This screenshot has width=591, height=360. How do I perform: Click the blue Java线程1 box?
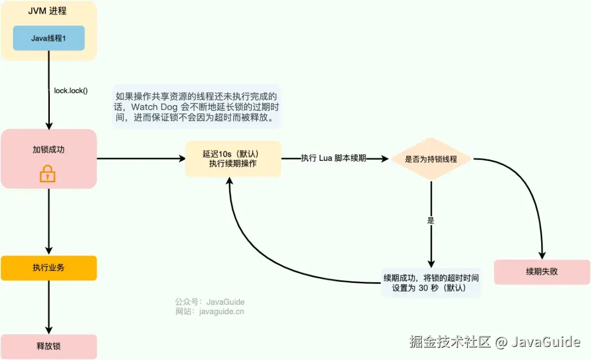[49, 38]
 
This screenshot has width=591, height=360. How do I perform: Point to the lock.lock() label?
[71, 90]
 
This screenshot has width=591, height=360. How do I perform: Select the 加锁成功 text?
[48, 149]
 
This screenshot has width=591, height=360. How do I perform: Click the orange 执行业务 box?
[49, 268]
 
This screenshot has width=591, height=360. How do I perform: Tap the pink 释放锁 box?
[49, 346]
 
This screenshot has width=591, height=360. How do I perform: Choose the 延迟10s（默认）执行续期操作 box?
[233, 159]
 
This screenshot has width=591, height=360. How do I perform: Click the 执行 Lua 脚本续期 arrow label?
[333, 158]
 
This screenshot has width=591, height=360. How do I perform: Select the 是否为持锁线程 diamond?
[431, 159]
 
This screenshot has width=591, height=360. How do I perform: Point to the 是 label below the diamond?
[430, 221]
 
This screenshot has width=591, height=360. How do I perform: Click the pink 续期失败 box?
[542, 272]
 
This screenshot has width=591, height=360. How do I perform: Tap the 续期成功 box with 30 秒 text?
[431, 282]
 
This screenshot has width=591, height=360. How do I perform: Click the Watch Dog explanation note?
[197, 106]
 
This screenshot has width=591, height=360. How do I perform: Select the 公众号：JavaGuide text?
[210, 302]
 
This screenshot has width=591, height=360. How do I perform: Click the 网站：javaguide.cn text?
[210, 312]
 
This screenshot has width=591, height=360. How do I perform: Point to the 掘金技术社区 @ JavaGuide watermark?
[494, 342]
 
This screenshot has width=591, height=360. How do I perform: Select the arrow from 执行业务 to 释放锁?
[49, 306]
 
